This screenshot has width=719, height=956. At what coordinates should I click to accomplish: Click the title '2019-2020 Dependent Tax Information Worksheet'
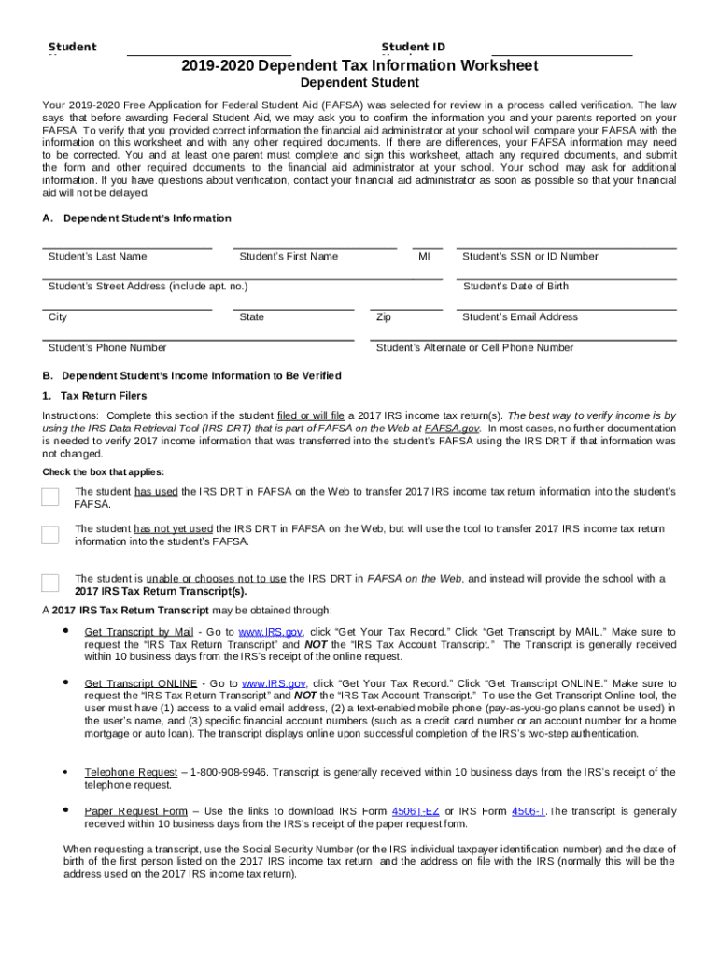[359, 66]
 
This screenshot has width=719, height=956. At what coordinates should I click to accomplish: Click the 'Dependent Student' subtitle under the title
[359, 84]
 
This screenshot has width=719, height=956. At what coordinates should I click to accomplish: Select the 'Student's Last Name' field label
[97, 257]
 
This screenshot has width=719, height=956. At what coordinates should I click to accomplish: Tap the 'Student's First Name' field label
[289, 257]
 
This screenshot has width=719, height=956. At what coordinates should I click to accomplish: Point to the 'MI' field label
[424, 257]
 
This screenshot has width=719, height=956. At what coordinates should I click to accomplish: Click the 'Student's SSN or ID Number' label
[530, 257]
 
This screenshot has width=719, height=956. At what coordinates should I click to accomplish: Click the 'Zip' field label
[383, 317]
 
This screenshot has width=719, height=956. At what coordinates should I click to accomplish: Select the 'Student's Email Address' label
[520, 317]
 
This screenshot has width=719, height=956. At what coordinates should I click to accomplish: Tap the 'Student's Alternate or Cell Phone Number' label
[474, 348]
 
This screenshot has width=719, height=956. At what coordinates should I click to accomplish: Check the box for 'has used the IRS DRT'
[50, 497]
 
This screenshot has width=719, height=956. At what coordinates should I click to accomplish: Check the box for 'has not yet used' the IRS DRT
[50, 535]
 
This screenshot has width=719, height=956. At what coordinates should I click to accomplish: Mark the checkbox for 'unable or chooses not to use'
[50, 583]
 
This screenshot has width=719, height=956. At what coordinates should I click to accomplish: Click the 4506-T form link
[529, 811]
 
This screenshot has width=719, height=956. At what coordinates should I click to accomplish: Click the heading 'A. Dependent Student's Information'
[137, 218]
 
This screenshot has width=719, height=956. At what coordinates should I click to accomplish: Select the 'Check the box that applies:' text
[103, 472]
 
